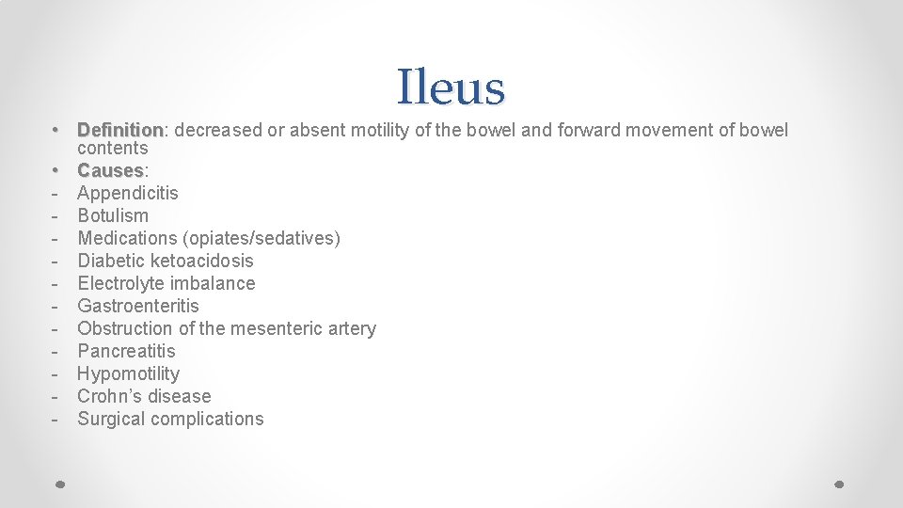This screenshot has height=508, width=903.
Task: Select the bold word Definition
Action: [120, 130]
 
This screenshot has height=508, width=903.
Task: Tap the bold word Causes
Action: [110, 170]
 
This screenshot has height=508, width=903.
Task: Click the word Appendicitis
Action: [128, 193]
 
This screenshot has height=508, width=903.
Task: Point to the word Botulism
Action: [113, 215]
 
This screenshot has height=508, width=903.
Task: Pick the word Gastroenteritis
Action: [138, 306]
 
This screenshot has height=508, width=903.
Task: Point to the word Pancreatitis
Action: [126, 351]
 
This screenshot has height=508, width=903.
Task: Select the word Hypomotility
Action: [128, 373]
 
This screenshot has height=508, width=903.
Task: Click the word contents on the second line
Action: [113, 149]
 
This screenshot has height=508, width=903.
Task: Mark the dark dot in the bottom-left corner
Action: [59, 484]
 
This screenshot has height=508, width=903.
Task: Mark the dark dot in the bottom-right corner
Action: [840, 484]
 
